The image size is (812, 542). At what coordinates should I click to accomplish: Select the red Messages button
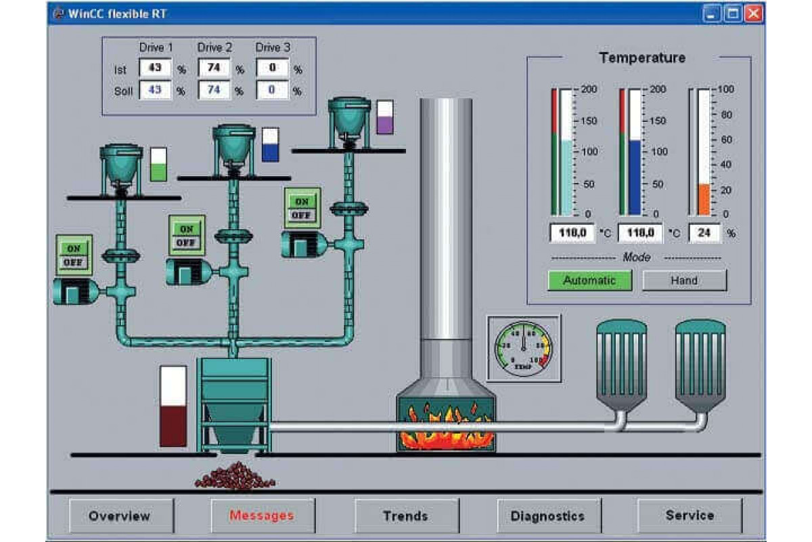262,516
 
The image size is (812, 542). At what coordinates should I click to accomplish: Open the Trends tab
405,516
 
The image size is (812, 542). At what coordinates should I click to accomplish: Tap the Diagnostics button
547,516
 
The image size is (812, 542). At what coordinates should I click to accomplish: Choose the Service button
690,516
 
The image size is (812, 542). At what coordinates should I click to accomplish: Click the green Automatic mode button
589,280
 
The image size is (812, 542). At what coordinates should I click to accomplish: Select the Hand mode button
684,280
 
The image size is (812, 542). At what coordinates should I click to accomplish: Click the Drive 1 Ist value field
155,68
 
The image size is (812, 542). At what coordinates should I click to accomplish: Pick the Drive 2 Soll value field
214,90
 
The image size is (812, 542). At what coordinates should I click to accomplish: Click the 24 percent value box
704,233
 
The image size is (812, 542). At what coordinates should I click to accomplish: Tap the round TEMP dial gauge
524,347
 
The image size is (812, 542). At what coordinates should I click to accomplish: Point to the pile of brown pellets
235,476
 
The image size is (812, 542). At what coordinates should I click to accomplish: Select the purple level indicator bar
385,124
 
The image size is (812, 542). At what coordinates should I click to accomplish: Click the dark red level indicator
173,425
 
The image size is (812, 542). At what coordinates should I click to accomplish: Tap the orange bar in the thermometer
704,199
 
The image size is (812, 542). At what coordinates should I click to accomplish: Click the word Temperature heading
642,58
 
